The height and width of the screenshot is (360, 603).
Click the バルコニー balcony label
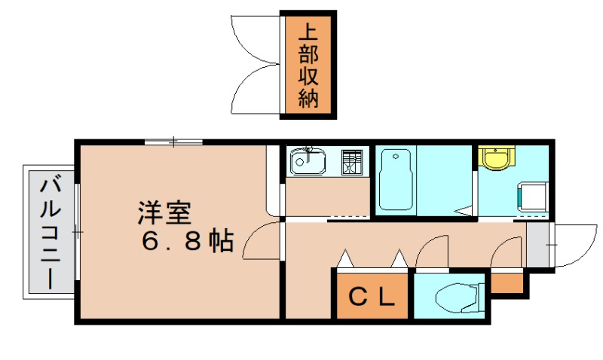click(51, 232)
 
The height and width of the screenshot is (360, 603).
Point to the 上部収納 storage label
click(308, 66)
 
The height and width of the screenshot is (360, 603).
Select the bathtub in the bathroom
click(395, 181)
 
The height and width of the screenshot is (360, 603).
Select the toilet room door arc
click(433, 252)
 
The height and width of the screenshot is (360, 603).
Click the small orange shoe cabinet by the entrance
click(506, 284)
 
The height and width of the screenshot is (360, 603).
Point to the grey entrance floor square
click(537, 246)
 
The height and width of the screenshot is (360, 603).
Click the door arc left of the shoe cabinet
click(506, 252)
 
